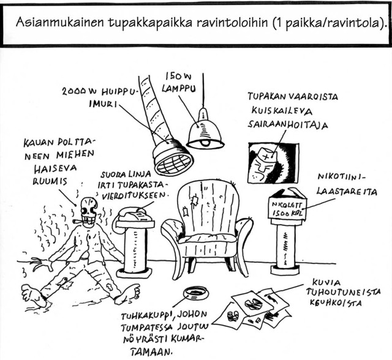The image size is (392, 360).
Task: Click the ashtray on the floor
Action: [x=196, y=293]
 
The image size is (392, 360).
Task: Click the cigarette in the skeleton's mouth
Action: [x=77, y=221]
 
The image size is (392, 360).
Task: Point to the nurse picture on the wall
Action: [x=274, y=163]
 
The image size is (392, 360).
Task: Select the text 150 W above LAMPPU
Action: [x=178, y=77]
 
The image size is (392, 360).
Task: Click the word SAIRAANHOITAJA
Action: [x=287, y=125]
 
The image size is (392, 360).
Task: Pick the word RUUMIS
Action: [x=50, y=181]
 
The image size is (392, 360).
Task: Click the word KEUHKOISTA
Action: [x=336, y=303]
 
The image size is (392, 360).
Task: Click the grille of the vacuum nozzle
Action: [x=173, y=163]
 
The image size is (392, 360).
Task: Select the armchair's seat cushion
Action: [x=208, y=239]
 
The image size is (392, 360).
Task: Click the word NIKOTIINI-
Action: [x=341, y=177]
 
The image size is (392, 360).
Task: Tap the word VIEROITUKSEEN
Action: [x=134, y=196]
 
